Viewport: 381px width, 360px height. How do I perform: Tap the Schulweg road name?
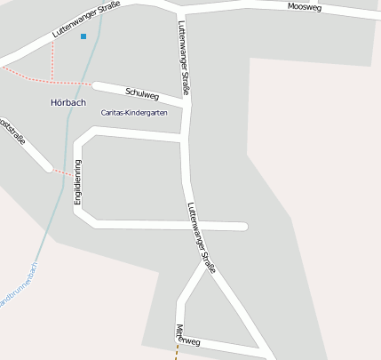tap(142, 92)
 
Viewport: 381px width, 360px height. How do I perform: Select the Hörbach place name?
tap(68, 102)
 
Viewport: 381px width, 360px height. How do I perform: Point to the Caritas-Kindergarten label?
tap(134, 113)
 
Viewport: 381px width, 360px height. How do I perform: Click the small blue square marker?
tap(83, 36)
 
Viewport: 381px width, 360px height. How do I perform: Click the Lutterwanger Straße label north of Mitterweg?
tap(202, 237)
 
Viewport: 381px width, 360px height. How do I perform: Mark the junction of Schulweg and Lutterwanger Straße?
tap(186, 105)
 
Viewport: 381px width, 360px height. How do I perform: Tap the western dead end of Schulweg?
tap(96, 86)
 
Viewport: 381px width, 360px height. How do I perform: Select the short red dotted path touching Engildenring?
tap(61, 171)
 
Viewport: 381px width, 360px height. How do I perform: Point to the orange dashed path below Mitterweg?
tap(176, 353)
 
